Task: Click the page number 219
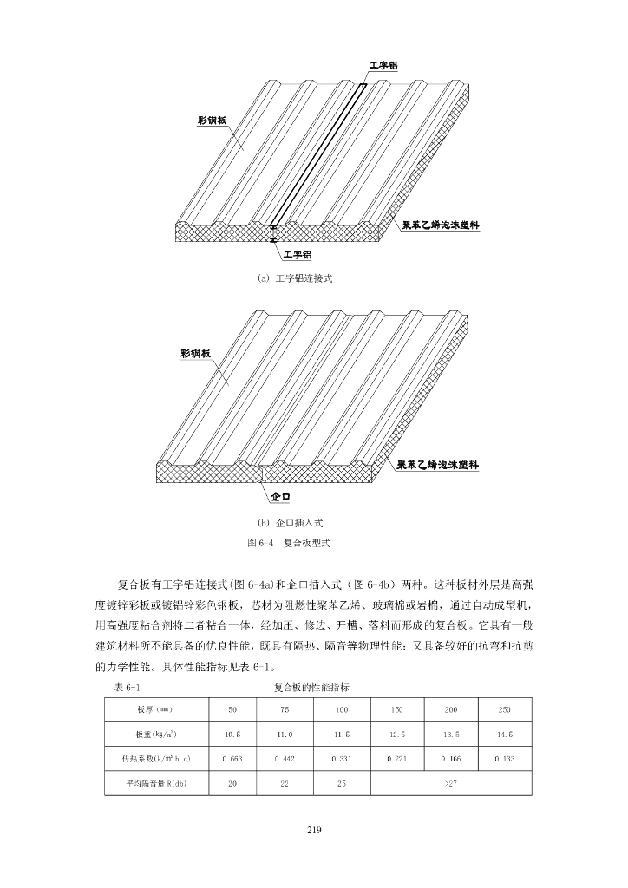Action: pos(314,831)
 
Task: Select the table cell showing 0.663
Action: pos(232,759)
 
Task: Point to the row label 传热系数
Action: pos(157,759)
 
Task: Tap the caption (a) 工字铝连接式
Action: pos(295,278)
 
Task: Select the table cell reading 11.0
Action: pos(284,735)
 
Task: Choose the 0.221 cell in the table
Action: pos(397,759)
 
